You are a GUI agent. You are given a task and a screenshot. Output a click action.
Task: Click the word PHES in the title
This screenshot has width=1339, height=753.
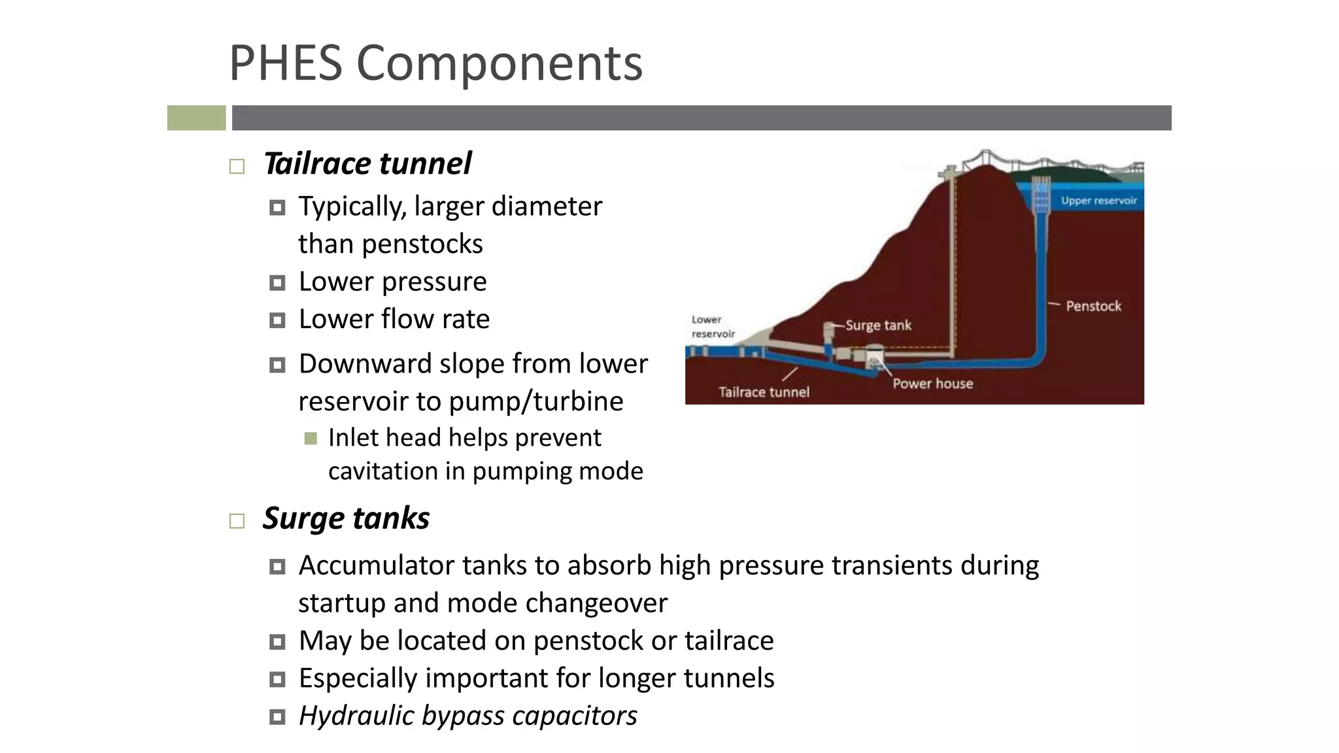[286, 63]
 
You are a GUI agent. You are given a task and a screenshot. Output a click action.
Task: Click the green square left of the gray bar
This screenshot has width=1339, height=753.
[196, 118]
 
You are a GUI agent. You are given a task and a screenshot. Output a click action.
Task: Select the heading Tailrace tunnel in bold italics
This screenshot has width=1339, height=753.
[367, 163]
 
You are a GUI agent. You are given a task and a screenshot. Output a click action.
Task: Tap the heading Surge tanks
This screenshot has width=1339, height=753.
[346, 518]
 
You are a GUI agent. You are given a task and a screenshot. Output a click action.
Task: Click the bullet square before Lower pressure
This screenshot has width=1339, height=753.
[277, 283]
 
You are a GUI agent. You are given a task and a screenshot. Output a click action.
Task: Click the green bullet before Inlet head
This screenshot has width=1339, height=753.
[311, 438]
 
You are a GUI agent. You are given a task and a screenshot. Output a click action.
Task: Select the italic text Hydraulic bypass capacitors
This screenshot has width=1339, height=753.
[467, 716]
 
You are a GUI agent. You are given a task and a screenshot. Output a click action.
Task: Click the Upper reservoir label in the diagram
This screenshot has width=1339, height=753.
[1098, 201]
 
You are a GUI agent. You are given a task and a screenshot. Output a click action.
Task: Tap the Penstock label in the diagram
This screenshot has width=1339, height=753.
[1093, 306]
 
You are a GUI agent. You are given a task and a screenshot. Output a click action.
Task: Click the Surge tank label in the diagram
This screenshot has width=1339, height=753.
[878, 325]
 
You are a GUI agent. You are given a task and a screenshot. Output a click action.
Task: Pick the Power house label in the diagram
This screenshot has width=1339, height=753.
[932, 384]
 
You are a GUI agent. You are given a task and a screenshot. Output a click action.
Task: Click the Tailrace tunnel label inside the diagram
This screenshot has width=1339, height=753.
[764, 392]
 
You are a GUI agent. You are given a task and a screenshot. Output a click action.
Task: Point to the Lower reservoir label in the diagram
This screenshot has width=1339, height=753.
[713, 327]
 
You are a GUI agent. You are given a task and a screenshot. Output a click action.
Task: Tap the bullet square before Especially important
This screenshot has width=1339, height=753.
[277, 680]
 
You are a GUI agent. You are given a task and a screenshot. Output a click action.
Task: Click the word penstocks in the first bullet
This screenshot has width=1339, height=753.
[422, 244]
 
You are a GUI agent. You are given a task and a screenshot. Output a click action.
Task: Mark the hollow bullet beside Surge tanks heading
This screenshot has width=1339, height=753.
[237, 521]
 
